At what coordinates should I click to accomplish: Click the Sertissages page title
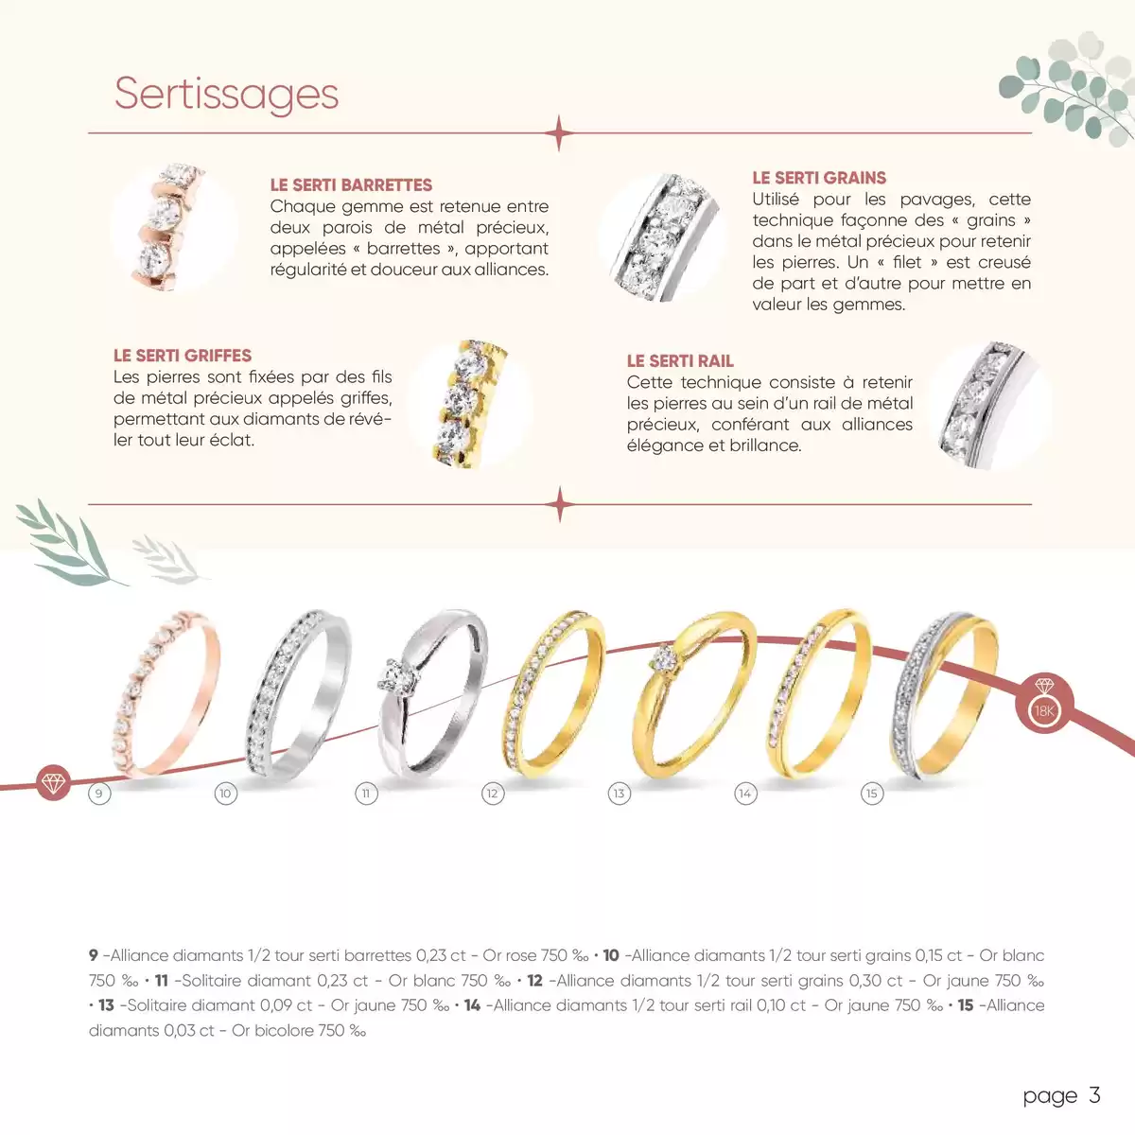(226, 94)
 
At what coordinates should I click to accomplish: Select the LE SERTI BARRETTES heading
(351, 185)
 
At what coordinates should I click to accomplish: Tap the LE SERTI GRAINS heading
(819, 178)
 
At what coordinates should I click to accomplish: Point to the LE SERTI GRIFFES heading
(183, 356)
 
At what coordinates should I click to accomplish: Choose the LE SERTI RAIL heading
(680, 361)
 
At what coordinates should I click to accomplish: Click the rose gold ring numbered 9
(167, 695)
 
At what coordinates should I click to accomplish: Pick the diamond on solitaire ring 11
(391, 675)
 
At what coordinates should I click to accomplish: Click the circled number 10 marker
(225, 794)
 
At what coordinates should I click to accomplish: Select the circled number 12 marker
(492, 794)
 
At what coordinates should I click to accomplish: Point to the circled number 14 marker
(745, 794)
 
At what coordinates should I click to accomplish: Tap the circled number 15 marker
(872, 794)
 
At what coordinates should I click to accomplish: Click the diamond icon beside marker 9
(54, 782)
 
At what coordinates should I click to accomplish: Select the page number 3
(1094, 1095)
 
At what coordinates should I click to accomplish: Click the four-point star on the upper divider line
(559, 133)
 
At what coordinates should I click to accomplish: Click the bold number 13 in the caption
(106, 1005)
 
